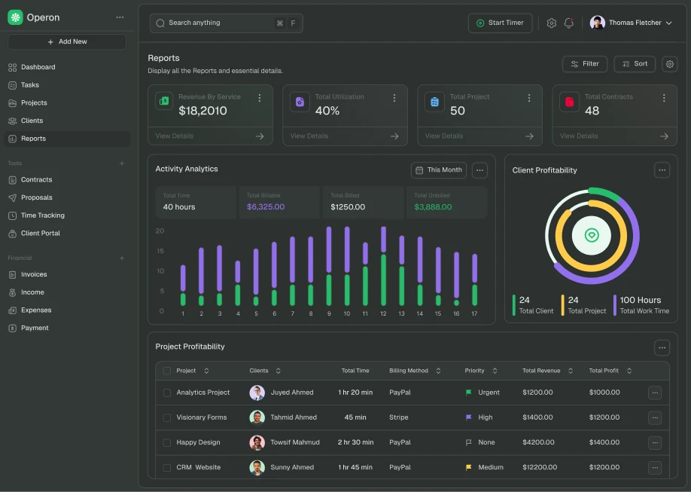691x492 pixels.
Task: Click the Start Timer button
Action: (x=500, y=23)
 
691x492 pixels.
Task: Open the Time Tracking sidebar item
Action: (x=42, y=215)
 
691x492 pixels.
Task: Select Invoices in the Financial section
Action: (x=34, y=275)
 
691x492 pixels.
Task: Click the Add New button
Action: (x=67, y=41)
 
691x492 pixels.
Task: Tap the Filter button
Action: (x=584, y=64)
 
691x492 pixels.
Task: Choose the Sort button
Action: (x=635, y=64)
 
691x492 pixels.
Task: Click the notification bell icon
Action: (x=569, y=23)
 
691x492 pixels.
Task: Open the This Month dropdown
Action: (x=438, y=170)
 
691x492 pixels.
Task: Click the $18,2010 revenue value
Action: (x=202, y=111)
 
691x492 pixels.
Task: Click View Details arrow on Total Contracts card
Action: (x=664, y=136)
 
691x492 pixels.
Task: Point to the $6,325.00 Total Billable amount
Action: (x=266, y=207)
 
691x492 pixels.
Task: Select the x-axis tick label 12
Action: (x=383, y=313)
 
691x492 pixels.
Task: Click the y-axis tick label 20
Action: (x=160, y=231)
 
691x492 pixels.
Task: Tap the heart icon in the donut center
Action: (x=592, y=235)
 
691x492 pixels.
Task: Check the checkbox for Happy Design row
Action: (x=167, y=443)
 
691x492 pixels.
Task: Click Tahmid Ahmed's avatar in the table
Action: (x=257, y=417)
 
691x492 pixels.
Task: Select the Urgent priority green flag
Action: (x=468, y=393)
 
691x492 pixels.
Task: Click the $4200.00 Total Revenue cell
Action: (x=537, y=442)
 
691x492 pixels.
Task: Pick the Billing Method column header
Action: (x=409, y=371)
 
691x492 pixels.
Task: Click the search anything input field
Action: (x=215, y=23)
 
